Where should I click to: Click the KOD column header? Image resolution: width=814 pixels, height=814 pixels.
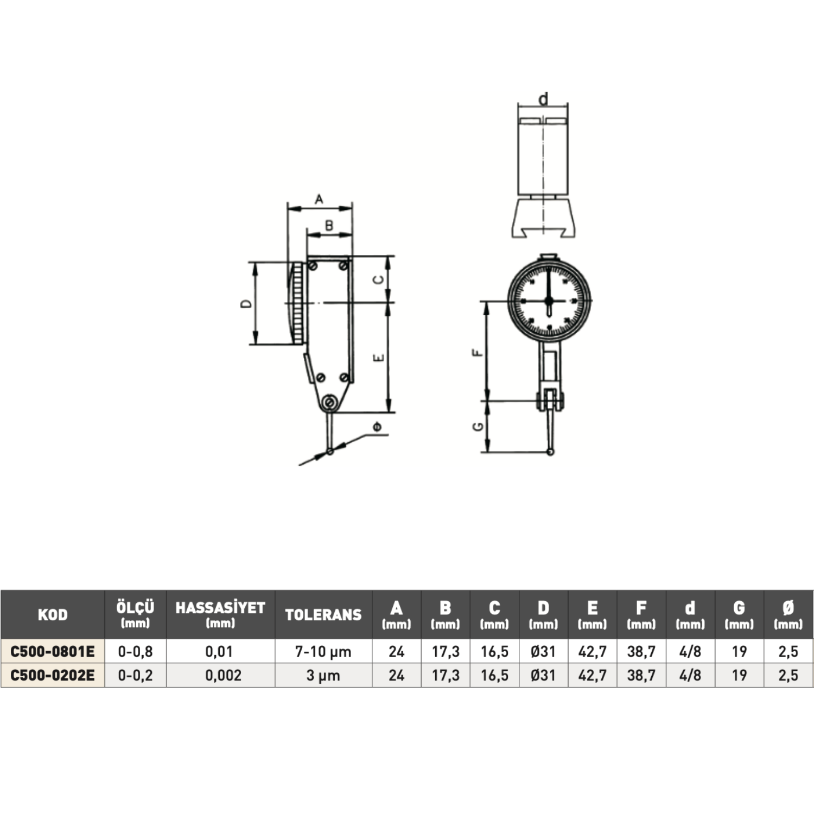(x=53, y=615)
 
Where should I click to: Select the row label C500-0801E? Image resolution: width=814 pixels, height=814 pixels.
(x=53, y=651)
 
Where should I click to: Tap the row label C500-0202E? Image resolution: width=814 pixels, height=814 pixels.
(x=53, y=675)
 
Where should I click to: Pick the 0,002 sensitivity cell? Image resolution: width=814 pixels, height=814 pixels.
(x=223, y=675)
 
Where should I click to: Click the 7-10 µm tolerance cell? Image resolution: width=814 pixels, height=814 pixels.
(x=323, y=651)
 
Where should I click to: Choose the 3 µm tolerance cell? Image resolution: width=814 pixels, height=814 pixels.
(x=323, y=676)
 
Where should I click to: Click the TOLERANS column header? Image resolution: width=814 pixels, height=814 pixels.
(x=323, y=615)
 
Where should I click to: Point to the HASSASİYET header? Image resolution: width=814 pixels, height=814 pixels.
(x=220, y=608)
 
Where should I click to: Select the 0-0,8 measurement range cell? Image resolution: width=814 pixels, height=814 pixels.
(x=135, y=651)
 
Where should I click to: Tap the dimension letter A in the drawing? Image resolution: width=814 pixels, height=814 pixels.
(x=319, y=199)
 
